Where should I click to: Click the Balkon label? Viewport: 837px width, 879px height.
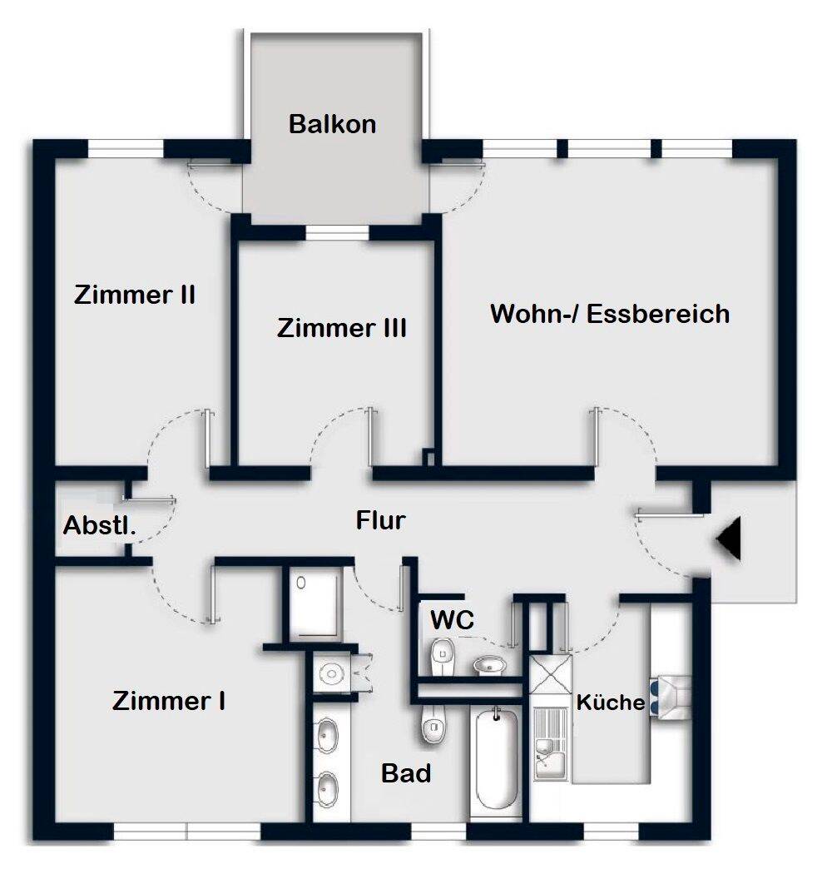pos(333,124)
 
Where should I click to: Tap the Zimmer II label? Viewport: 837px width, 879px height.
pos(135,295)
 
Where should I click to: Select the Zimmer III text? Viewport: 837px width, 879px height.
pos(342,328)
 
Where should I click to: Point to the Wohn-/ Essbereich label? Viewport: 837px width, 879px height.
pos(610,314)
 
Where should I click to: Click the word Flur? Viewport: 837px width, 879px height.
pos(381,521)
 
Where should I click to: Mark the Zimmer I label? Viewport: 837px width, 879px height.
pos(170,701)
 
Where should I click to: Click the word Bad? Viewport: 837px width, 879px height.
pos(407,773)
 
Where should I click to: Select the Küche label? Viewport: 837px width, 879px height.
pos(611,703)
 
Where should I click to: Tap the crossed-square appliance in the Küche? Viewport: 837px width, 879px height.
pos(551,675)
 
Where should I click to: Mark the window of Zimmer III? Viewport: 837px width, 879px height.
pos(337,232)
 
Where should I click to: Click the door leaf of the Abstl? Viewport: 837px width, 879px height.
pos(150,499)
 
